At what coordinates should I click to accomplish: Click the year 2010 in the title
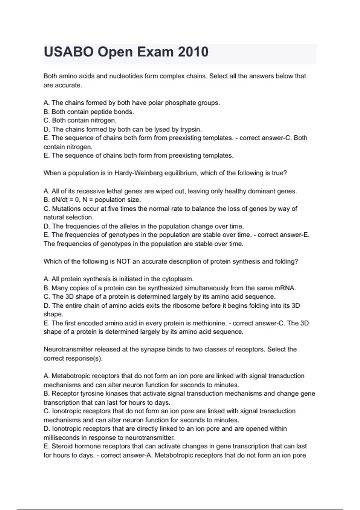pyautogui.click(x=193, y=52)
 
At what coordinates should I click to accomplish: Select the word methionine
pyautogui.click(x=209, y=323)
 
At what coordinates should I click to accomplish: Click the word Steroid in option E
pyautogui.click(x=62, y=446)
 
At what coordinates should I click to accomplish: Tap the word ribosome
pyautogui.click(x=188, y=305)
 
